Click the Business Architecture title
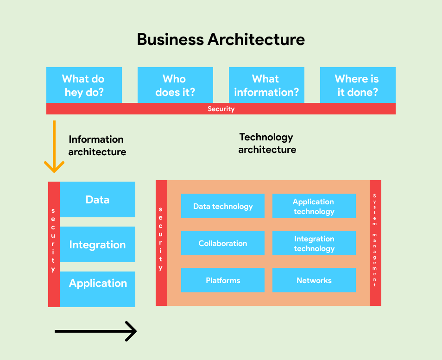point(221,39)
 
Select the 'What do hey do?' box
point(84,85)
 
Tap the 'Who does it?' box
point(175,85)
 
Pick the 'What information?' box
point(266,85)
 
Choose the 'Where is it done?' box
point(358,85)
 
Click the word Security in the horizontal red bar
point(221,109)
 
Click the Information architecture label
point(97,145)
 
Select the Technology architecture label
point(267,143)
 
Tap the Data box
point(97,200)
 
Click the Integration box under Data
point(97,245)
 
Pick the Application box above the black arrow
point(97,284)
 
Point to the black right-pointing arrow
point(95,331)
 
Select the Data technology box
point(223,206)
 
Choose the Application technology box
point(314,206)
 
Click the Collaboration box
point(223,243)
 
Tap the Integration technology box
point(314,243)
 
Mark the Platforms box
point(223,280)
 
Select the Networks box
point(314,280)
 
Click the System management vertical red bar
point(375,243)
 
